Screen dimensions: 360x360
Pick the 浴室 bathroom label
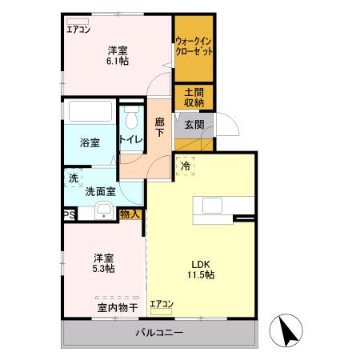point(89,143)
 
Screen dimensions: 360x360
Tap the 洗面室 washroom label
point(102,191)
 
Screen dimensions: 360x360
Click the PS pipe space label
point(70,214)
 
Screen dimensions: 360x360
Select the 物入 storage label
point(130,214)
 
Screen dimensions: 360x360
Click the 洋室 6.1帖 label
point(117,56)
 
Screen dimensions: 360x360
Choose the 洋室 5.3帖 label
point(102,263)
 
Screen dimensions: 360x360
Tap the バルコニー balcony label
point(158,333)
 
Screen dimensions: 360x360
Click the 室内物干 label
point(118,306)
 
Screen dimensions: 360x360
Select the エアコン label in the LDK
point(161,303)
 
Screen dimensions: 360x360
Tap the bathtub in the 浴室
point(89,113)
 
